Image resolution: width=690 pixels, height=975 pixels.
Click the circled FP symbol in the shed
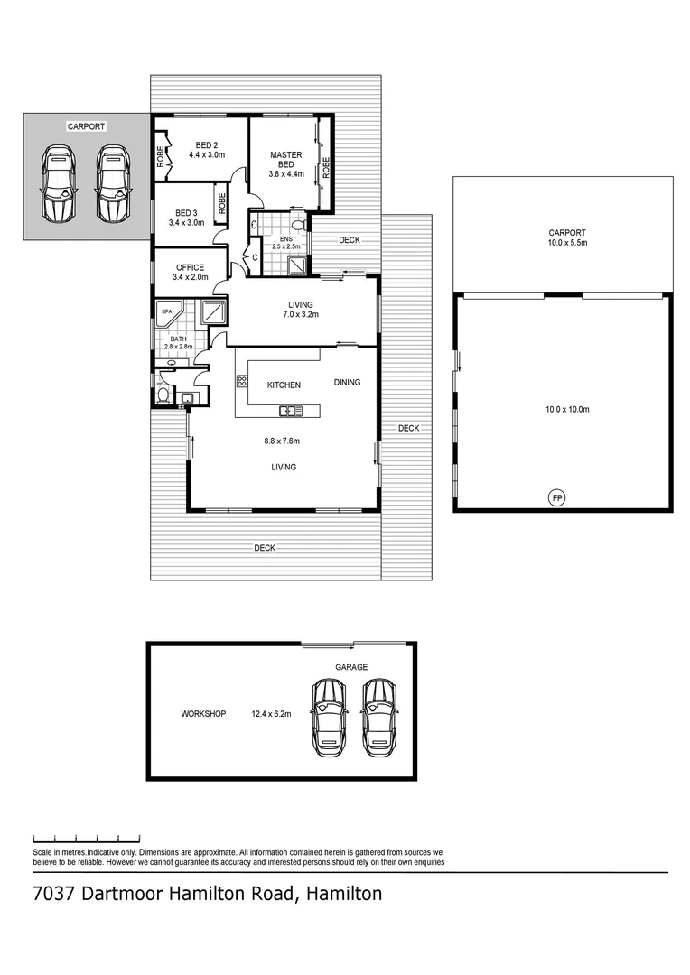pos(557,497)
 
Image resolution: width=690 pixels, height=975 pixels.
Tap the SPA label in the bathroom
pos(166,312)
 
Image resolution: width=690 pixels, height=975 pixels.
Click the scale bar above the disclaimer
pos(86,837)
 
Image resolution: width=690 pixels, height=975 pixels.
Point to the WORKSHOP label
pos(203,713)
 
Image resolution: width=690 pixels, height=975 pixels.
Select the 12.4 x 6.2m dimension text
pos(271,713)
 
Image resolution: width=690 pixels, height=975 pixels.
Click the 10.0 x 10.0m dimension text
pos(566,409)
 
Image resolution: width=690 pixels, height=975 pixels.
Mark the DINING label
pos(347,382)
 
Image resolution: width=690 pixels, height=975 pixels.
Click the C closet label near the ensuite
pos(256,258)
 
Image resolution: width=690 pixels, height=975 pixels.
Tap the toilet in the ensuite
pos(297,225)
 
